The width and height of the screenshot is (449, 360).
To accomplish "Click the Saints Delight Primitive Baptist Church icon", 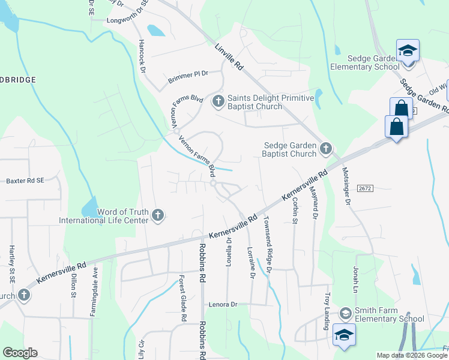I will coord(218,100).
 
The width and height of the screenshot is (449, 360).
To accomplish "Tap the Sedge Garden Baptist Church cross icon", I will coord(326,148).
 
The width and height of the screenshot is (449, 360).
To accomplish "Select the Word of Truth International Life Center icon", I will coord(158,214).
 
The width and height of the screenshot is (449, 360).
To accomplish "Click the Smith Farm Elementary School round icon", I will coord(345,313).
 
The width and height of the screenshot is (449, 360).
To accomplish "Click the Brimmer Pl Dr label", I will coord(188,74).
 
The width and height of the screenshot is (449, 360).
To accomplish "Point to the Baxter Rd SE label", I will coord(25,180).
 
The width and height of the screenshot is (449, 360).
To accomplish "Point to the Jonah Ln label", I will coord(355,277).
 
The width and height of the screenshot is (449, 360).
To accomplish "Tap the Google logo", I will coord(20,353).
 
